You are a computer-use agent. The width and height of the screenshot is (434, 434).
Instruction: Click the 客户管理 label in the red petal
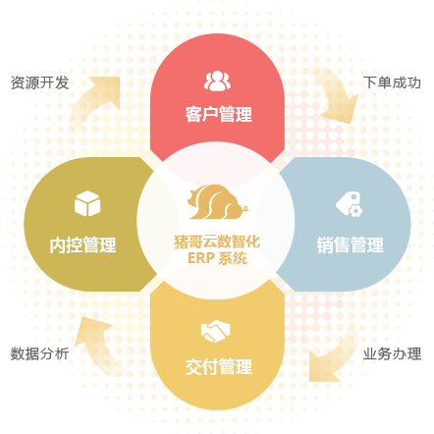point(219,114)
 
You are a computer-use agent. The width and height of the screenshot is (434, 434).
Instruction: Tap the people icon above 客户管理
point(217,81)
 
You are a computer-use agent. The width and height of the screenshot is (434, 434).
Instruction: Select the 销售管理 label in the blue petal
point(350,244)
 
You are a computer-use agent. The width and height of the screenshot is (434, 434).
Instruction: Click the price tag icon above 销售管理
point(349,204)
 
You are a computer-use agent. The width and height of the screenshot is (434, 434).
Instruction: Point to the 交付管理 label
point(219,366)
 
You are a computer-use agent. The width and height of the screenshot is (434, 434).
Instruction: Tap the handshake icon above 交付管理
point(215,331)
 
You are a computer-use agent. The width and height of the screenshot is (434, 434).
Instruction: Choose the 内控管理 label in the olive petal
point(82,244)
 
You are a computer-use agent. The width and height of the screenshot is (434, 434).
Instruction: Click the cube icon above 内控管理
point(87,203)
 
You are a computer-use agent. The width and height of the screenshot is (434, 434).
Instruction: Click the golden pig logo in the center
point(217,202)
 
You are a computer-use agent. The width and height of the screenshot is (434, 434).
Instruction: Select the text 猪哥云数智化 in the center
point(217,242)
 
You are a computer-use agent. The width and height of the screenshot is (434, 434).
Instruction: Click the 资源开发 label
point(39,82)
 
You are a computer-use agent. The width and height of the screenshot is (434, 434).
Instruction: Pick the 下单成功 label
point(392,82)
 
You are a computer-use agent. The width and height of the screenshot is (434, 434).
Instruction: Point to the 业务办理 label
point(392,353)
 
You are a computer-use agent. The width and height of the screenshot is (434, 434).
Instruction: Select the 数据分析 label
point(39,353)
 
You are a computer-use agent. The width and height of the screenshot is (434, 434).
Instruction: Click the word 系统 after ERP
point(233,258)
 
